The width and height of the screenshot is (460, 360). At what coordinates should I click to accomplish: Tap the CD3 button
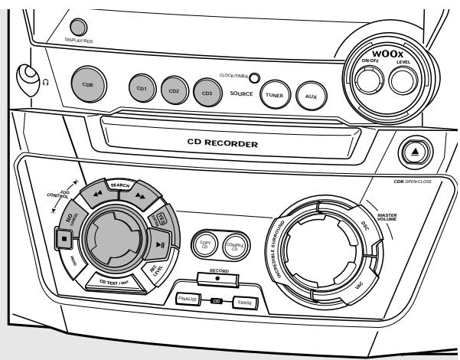click(x=207, y=91)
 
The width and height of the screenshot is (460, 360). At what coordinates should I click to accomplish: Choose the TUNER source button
click(x=273, y=95)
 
